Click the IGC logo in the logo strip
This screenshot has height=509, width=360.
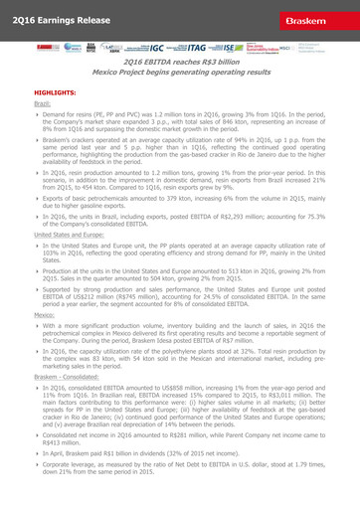click(x=157, y=47)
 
